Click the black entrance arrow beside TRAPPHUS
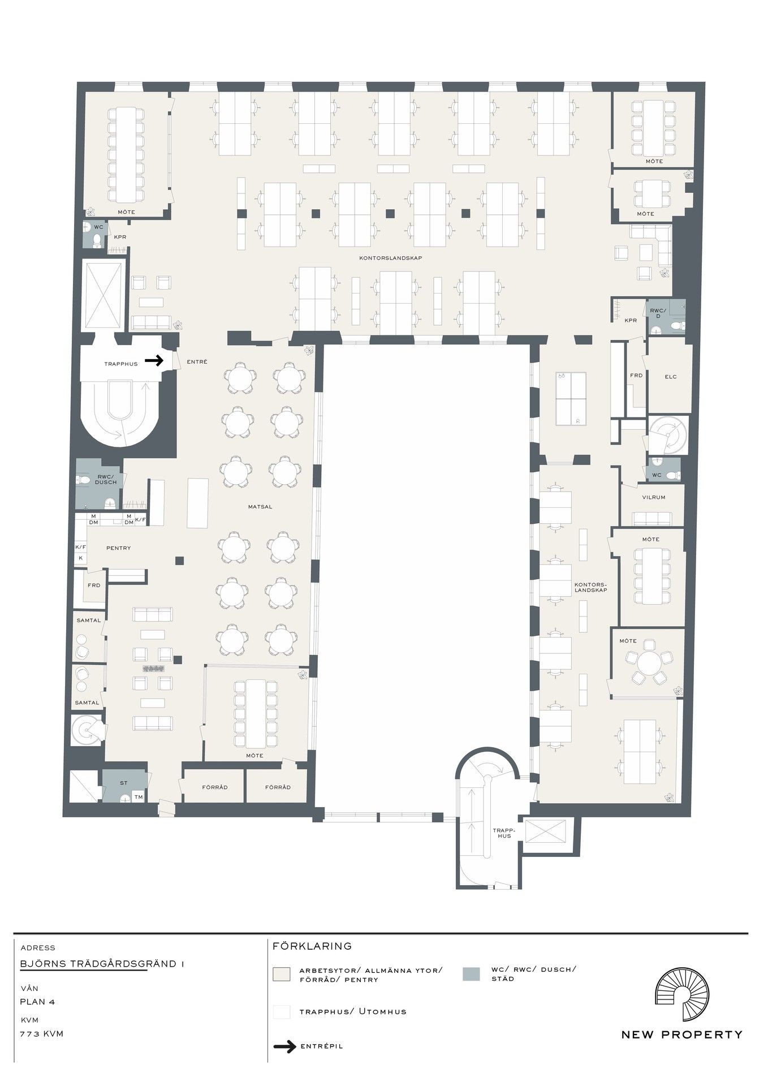(154, 360)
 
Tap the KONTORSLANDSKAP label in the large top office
(391, 258)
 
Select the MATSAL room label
(260, 507)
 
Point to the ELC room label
(671, 377)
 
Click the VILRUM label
(654, 498)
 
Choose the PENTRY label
(118, 548)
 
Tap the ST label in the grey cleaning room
(124, 783)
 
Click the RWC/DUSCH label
(106, 479)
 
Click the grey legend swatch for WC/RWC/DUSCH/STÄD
(471, 973)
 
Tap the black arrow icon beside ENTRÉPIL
(285, 1046)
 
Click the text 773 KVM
(42, 1034)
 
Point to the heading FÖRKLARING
(312, 946)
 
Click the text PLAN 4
(37, 1002)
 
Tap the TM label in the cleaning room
(139, 798)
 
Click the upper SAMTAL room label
(89, 620)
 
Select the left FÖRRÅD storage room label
(215, 787)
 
